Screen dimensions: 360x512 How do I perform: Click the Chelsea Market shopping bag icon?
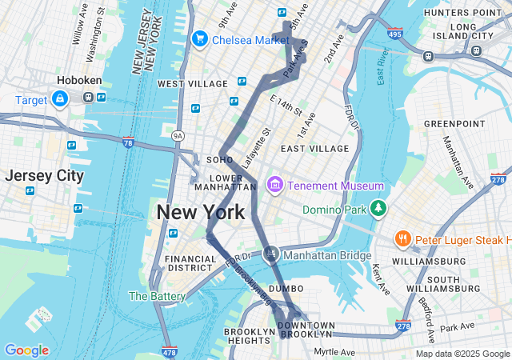(x=199, y=38)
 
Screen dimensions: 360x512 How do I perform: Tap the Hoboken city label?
(x=78, y=80)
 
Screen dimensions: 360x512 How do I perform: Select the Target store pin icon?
(x=60, y=98)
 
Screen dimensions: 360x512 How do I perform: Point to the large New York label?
(x=200, y=212)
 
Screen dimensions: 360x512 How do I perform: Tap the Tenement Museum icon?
(x=275, y=186)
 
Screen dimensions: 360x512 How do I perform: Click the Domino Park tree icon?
(x=378, y=210)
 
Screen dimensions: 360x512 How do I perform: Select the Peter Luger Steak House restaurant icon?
(x=403, y=239)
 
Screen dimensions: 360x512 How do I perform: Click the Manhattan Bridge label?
(x=328, y=256)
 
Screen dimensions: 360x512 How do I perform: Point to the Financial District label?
(x=190, y=264)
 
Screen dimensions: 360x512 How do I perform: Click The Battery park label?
(x=157, y=296)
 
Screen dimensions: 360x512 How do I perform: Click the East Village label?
(x=314, y=149)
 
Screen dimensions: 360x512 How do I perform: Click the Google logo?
(x=26, y=350)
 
